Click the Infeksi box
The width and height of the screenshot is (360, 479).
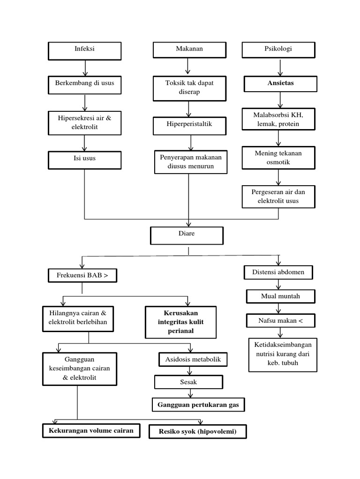[x=84, y=50]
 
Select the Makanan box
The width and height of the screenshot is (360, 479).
[x=190, y=50]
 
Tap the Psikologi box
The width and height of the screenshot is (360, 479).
[x=278, y=50]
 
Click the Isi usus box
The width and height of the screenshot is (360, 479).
[x=84, y=159]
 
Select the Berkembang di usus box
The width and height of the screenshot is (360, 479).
[x=84, y=84]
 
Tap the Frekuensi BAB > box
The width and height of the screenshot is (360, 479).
[x=82, y=276]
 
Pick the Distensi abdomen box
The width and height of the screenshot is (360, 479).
[x=278, y=272]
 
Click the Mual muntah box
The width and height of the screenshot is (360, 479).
[x=280, y=296]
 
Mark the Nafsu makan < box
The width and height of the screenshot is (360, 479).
[x=280, y=320]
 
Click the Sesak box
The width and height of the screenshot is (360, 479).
[x=189, y=383]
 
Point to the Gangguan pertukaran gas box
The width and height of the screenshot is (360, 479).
[x=198, y=405]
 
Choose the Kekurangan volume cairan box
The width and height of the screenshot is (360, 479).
[x=91, y=430]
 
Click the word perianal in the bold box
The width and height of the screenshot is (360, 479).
[x=180, y=331]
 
